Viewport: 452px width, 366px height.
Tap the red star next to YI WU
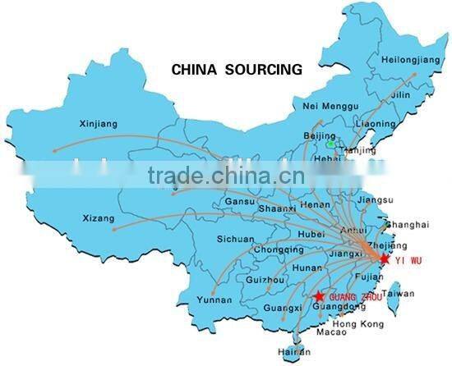pos(383,258)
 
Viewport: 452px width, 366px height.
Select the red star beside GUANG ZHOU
pos(319,295)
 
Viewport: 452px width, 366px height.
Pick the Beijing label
pos(321,134)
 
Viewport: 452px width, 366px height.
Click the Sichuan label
pos(235,239)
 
